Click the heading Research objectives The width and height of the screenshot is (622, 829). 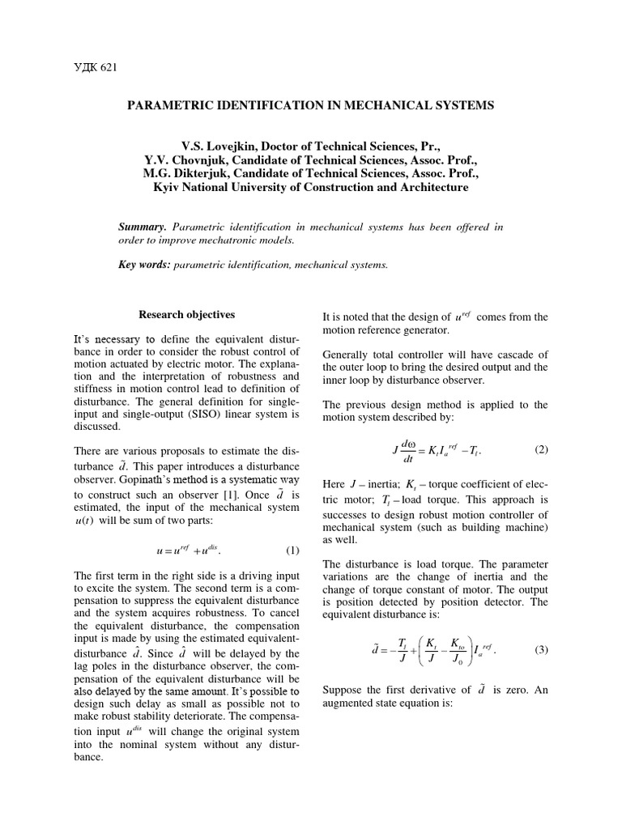tap(187, 314)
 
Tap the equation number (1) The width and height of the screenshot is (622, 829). tap(292, 551)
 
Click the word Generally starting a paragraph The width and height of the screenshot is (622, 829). tap(347, 354)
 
